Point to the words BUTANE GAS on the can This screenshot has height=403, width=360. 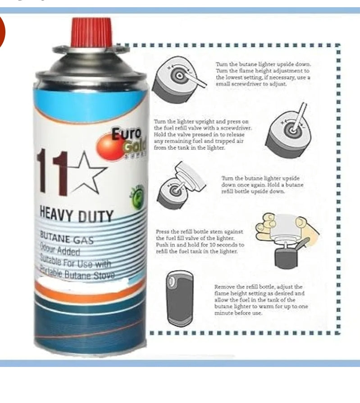click(67, 238)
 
